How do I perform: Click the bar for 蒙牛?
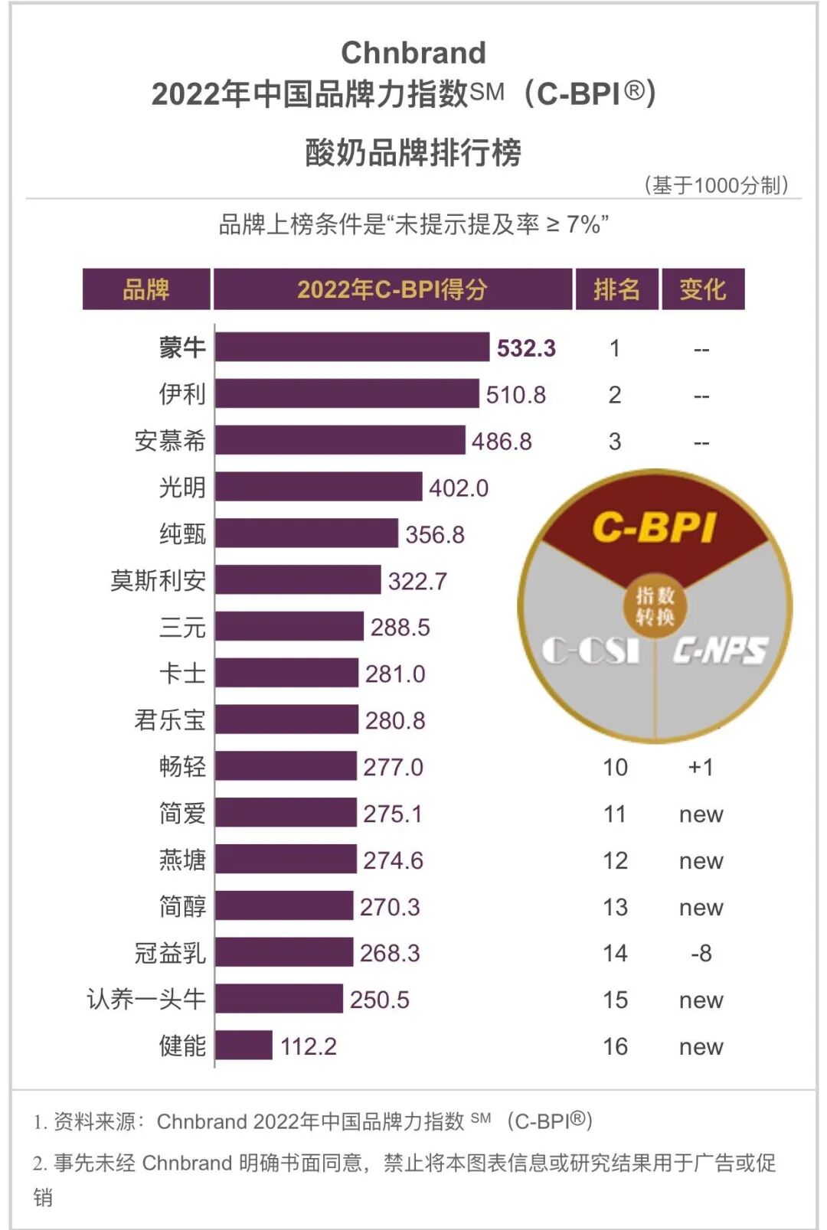[x=351, y=347]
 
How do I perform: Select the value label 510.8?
[x=515, y=395]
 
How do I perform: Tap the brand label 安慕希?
[x=170, y=441]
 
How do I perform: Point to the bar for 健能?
[x=244, y=1046]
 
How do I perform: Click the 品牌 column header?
[x=146, y=289]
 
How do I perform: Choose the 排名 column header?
[x=616, y=289]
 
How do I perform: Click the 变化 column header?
[x=702, y=289]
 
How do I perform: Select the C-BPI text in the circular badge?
[x=655, y=527]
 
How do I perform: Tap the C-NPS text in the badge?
[x=719, y=651]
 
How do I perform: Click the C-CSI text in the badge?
[x=590, y=651]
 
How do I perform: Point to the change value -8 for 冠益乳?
[x=701, y=954]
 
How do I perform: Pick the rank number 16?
[x=615, y=1046]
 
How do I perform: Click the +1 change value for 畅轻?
[x=700, y=767]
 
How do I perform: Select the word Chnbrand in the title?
[x=413, y=53]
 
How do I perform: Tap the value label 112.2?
[x=308, y=1046]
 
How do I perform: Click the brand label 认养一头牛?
[x=146, y=1000]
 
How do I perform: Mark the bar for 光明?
[x=318, y=487]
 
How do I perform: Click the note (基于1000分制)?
[x=716, y=185]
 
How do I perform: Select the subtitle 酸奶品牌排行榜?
[x=413, y=152]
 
